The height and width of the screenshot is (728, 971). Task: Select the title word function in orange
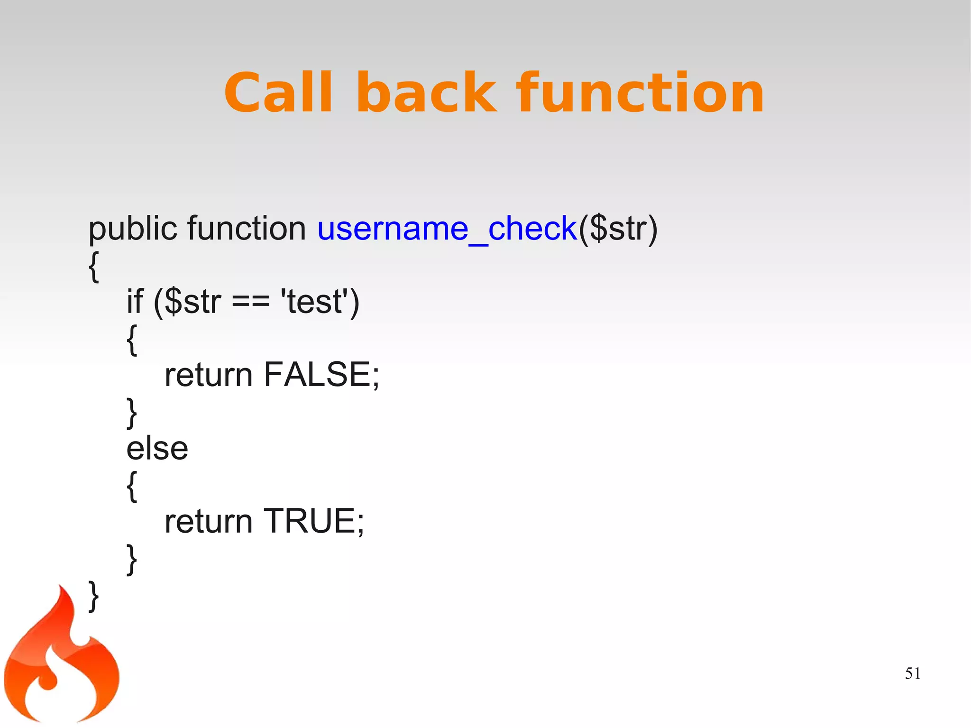(x=640, y=93)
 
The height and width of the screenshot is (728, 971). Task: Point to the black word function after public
(x=247, y=229)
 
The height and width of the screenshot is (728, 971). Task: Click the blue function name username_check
(x=447, y=230)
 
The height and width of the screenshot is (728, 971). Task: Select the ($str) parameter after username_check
(x=618, y=230)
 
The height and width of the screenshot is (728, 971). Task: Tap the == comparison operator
(x=250, y=302)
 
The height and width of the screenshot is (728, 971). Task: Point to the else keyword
(x=157, y=448)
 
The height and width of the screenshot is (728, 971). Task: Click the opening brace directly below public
(x=94, y=267)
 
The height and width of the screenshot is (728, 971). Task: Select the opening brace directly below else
(x=132, y=486)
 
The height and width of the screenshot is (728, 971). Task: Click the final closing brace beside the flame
(x=94, y=596)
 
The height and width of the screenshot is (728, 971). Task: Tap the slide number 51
(x=912, y=673)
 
